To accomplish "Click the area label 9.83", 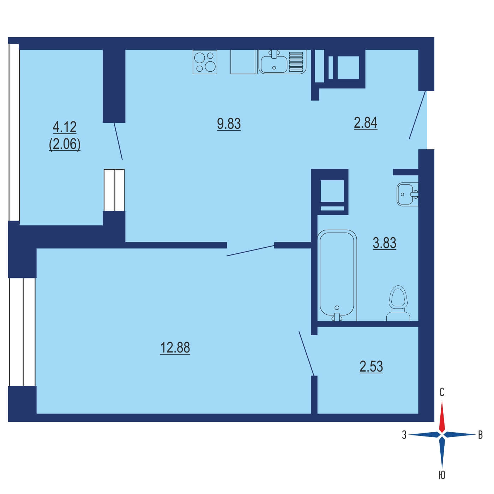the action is click(x=229, y=124).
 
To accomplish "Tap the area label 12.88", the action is click(x=175, y=348).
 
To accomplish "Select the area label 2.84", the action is click(x=365, y=123).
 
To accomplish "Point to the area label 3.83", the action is click(x=384, y=243).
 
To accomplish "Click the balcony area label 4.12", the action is click(x=65, y=127).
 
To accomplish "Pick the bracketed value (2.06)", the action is click(x=65, y=145).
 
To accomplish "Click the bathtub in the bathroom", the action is click(x=337, y=275).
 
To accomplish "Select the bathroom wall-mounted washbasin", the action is click(x=407, y=194).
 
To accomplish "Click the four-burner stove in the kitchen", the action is click(x=205, y=62).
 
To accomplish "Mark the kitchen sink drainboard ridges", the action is click(x=296, y=62).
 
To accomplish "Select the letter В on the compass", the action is click(x=480, y=435).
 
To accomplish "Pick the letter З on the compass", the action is click(x=404, y=435).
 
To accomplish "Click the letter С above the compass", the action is click(x=442, y=392).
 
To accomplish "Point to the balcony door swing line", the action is click(x=118, y=141).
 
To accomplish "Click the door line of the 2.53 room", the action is click(x=306, y=354).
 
